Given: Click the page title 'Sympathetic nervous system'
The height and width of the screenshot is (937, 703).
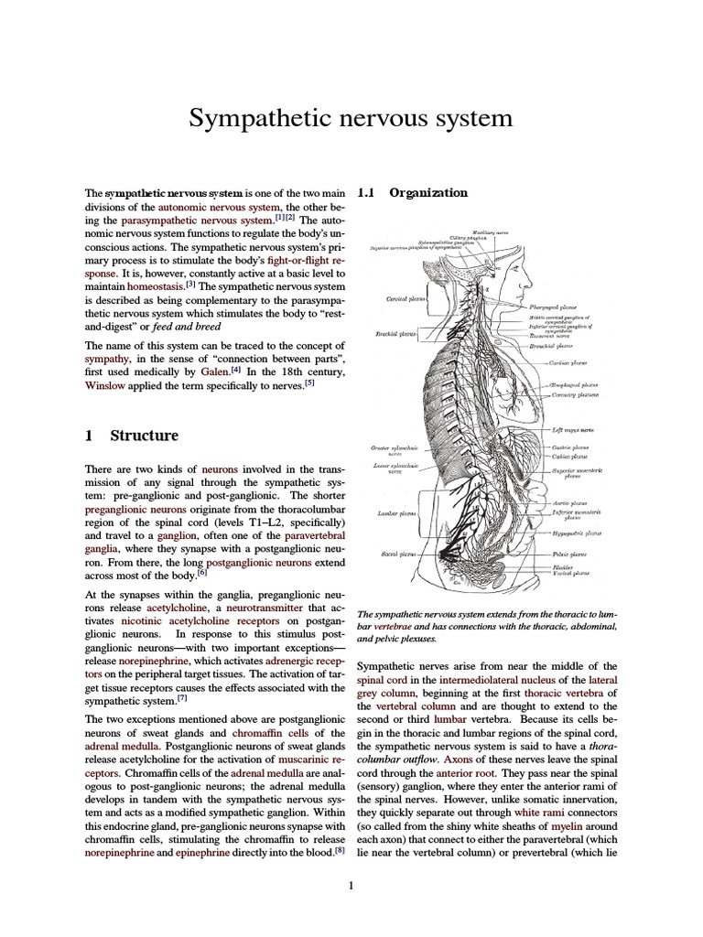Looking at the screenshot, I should click(351, 119).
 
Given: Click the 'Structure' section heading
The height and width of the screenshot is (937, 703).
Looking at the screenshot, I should click(144, 436).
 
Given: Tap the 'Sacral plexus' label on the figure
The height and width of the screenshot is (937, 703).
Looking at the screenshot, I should click(397, 555).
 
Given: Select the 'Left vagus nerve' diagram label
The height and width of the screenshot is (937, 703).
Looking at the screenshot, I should click(574, 429).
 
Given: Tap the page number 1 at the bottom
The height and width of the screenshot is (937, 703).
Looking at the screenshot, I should click(351, 885).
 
